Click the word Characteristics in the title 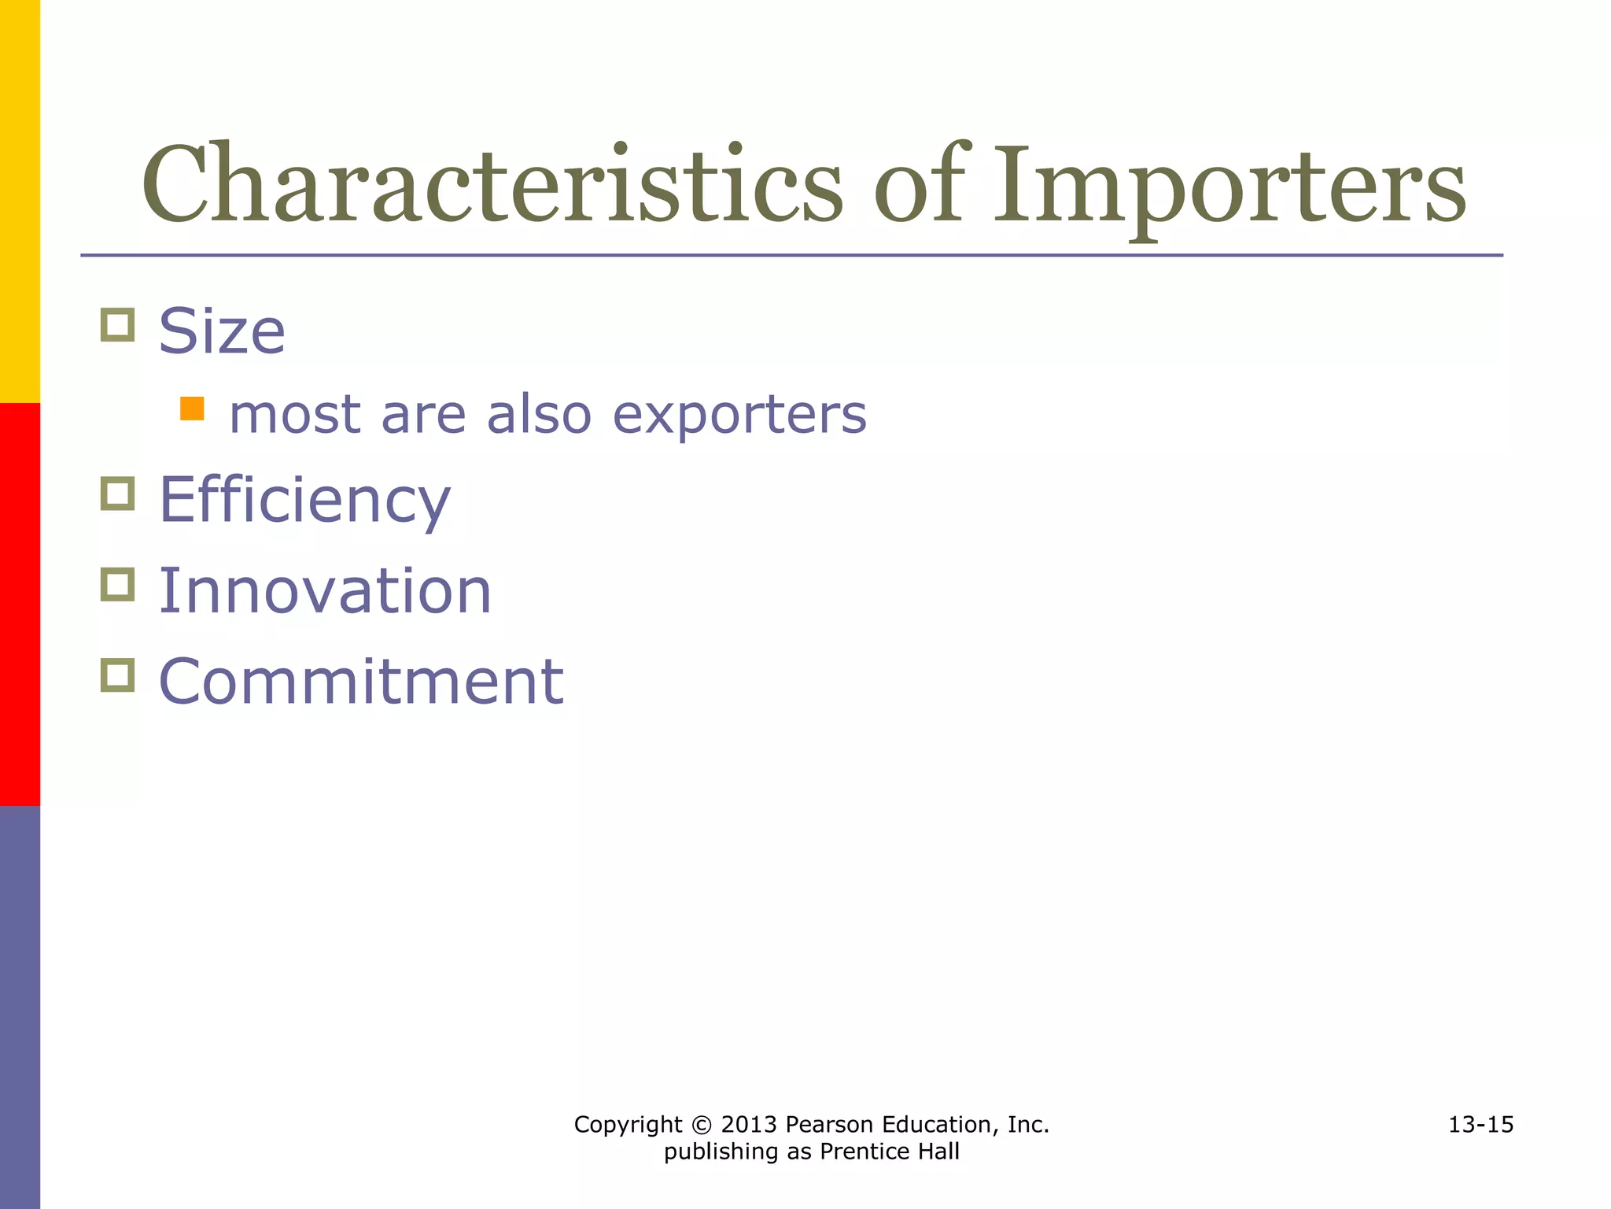point(492,185)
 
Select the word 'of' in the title point(919,185)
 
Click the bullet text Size point(222,331)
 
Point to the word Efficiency point(304,501)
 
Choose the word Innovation point(325,591)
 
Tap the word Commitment point(361,682)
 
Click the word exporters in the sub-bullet point(739,415)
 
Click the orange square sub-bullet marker point(192,409)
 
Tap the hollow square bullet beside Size point(118,324)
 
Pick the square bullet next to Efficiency point(118,494)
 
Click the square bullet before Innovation point(118,584)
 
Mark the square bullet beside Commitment point(118,675)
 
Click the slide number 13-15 point(1480,1125)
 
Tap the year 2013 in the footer point(749,1125)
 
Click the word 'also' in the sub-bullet point(539,415)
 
